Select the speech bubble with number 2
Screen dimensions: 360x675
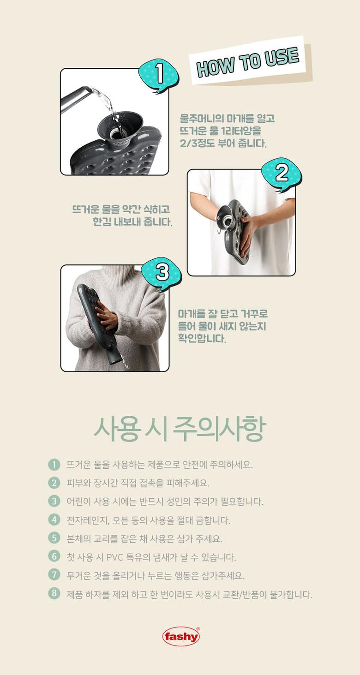pyautogui.click(x=282, y=174)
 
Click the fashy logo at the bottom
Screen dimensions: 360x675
pyautogui.click(x=181, y=636)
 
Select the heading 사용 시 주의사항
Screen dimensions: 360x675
pyautogui.click(x=180, y=429)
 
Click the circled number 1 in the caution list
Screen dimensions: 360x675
pyautogui.click(x=54, y=464)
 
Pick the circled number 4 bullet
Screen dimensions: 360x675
pyautogui.click(x=54, y=520)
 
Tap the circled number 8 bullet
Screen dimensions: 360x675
pyautogui.click(x=54, y=593)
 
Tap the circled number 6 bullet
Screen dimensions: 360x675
pyautogui.click(x=54, y=556)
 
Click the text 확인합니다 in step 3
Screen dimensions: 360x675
pyautogui.click(x=202, y=338)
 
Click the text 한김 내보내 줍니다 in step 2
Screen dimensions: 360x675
pyautogui.click(x=132, y=222)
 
